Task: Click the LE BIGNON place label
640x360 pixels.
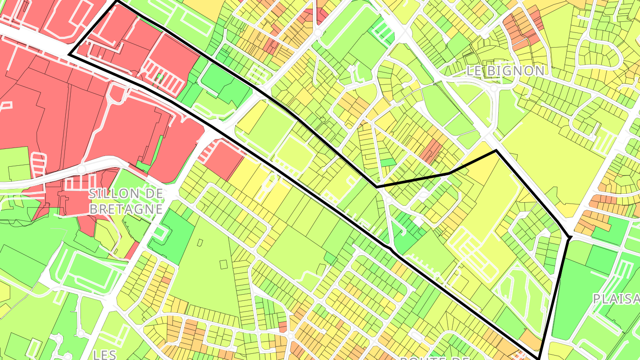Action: [505, 71]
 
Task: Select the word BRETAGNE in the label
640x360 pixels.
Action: [126, 208]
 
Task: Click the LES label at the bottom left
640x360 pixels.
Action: [105, 354]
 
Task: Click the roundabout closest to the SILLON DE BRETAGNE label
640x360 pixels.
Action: [81, 169]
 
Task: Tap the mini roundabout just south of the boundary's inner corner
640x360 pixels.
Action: [388, 201]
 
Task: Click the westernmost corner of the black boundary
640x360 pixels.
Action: [69, 55]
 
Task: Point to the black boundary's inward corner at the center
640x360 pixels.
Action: [377, 187]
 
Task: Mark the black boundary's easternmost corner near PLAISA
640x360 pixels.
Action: [569, 237]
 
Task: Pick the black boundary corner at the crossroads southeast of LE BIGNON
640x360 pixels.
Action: [496, 151]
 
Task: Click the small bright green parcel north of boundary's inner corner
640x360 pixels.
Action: [388, 162]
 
